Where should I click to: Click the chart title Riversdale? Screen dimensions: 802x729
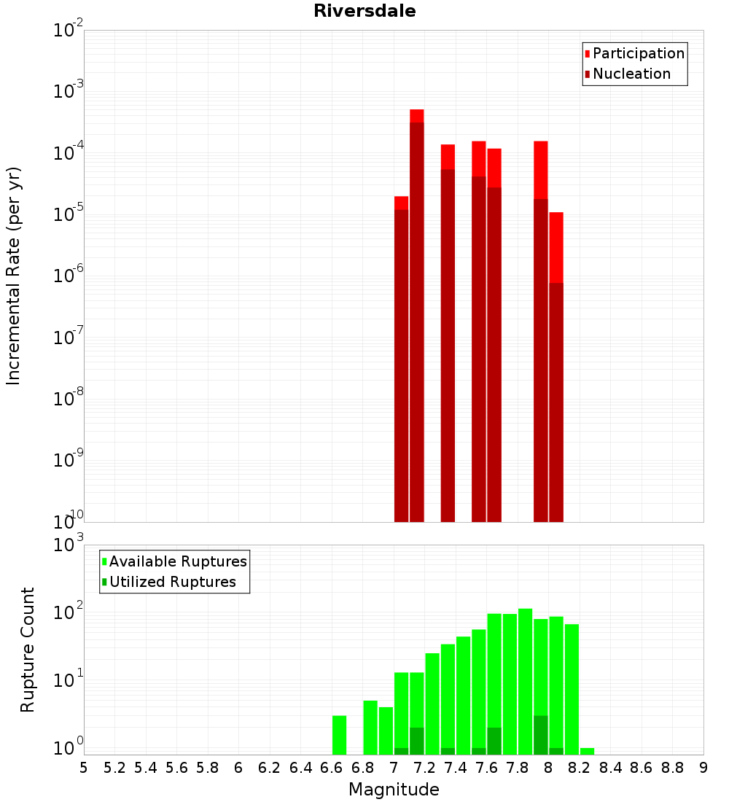(364, 11)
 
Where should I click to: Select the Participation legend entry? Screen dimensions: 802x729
(638, 53)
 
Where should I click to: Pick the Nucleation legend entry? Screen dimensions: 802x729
(631, 74)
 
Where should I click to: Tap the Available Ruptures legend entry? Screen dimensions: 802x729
(177, 561)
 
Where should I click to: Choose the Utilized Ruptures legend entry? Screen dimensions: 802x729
(172, 582)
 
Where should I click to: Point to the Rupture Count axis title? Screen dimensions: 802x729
(28, 649)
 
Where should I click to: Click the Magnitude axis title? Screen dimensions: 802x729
(394, 790)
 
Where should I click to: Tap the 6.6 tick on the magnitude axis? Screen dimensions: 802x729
(331, 768)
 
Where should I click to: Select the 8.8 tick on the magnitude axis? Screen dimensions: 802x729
(672, 768)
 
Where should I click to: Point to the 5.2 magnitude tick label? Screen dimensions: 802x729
(114, 768)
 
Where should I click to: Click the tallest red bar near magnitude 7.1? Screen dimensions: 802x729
(417, 314)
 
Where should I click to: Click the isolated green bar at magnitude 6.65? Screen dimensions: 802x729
(339, 735)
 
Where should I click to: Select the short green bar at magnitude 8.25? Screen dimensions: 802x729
(587, 751)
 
